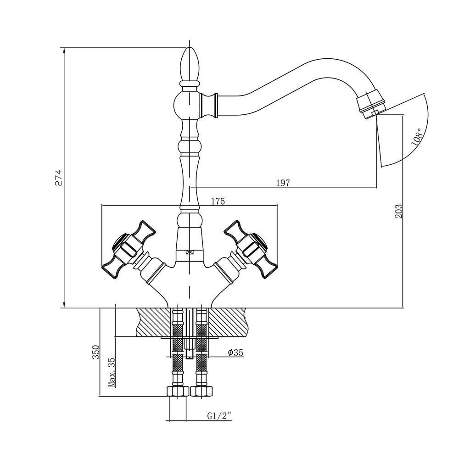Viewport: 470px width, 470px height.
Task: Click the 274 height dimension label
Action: [59, 178]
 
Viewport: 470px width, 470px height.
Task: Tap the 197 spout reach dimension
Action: [283, 183]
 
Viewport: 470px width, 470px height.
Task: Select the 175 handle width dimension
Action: [218, 201]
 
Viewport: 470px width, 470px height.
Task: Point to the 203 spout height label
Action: [398, 211]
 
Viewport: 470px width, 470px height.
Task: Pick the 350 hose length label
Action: [95, 352]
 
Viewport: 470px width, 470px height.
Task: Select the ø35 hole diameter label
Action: [235, 352]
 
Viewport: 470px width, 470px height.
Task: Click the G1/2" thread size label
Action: [219, 416]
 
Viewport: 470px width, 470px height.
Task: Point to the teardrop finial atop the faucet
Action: [190, 64]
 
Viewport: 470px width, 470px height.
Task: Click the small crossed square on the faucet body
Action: [189, 252]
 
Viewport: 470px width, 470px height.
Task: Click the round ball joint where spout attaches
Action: [187, 105]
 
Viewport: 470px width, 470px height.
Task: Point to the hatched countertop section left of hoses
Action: [154, 322]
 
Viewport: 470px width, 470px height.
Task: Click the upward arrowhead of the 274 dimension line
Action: [63, 51]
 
